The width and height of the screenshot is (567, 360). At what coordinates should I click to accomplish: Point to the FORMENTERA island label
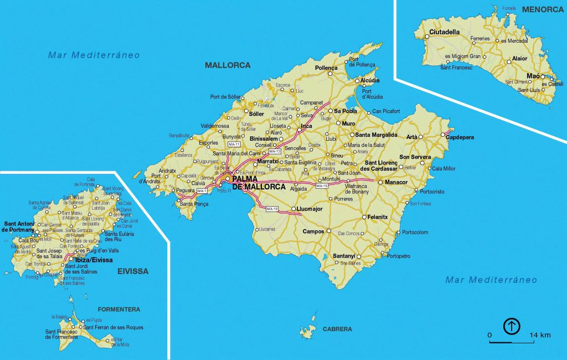pyautogui.click(x=118, y=309)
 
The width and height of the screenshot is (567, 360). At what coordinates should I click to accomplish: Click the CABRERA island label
pyautogui.click(x=337, y=329)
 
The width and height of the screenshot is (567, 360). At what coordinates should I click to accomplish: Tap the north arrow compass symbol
pyautogui.click(x=512, y=326)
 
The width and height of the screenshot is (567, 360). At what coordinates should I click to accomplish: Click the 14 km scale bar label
pyautogui.click(x=539, y=336)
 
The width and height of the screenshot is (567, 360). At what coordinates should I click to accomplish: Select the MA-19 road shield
pyautogui.click(x=272, y=209)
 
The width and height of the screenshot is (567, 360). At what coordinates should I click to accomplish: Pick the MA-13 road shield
pyautogui.click(x=275, y=151)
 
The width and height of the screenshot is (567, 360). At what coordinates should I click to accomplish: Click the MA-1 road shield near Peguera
pyautogui.click(x=202, y=191)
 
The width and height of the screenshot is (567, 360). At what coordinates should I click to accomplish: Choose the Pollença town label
pyautogui.click(x=326, y=68)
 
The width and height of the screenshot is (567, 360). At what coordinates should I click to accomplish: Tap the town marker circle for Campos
pyautogui.click(x=328, y=230)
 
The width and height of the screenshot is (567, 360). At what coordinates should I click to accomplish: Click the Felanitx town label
pyautogui.click(x=379, y=217)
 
